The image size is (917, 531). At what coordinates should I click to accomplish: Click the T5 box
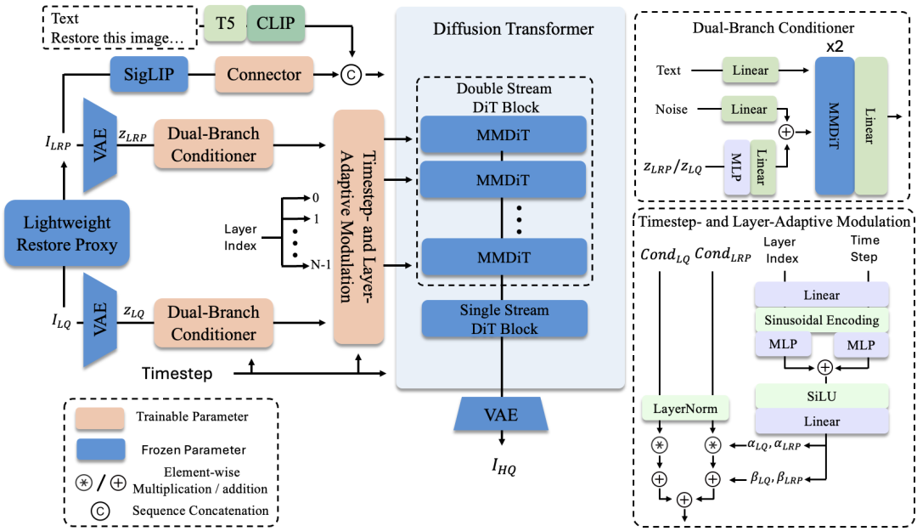click(x=225, y=25)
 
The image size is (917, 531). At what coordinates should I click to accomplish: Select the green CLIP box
click(x=275, y=25)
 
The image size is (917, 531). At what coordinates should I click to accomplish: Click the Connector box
click(x=263, y=75)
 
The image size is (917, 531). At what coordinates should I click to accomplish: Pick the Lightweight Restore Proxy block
click(x=66, y=234)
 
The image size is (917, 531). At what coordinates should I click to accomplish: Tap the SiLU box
click(x=821, y=396)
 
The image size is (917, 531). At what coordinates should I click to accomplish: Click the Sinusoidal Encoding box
click(x=821, y=320)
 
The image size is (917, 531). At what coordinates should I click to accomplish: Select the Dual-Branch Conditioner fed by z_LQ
click(x=213, y=323)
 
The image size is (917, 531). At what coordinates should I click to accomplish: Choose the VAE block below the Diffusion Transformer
click(x=500, y=415)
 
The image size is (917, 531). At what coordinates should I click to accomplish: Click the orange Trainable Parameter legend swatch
click(x=100, y=417)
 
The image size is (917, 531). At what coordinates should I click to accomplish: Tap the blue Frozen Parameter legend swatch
click(x=100, y=449)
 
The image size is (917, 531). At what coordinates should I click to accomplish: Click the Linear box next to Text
click(x=750, y=71)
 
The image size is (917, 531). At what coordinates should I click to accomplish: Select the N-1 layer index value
click(x=320, y=266)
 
